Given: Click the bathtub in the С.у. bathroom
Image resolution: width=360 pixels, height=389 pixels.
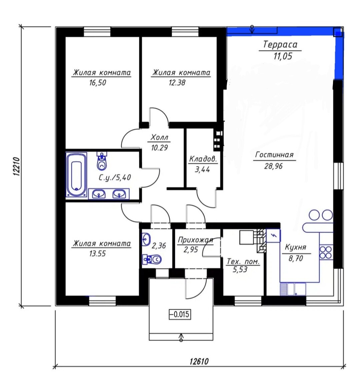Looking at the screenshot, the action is tap(76, 175).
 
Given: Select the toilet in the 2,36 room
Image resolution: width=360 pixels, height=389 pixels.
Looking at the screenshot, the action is tap(152, 260).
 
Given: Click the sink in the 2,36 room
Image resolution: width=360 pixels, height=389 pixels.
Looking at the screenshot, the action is tap(146, 239).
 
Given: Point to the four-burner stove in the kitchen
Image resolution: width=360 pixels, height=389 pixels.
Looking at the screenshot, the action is tap(326, 252).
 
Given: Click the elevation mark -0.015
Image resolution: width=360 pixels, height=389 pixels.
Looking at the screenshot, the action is tap(180, 314).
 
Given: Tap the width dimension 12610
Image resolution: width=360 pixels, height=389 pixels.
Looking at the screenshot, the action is tap(199, 361).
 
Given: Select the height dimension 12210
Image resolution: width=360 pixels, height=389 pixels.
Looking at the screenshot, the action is tap(16, 166).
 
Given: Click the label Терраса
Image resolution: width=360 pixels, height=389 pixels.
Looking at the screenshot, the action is tap(280, 44).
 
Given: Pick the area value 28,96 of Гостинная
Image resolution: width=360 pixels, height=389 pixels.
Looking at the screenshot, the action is tap(273, 166).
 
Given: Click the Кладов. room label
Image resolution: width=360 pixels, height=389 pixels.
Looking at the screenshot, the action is tap(203, 159).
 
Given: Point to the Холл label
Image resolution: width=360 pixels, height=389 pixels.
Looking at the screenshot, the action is tap(159, 137).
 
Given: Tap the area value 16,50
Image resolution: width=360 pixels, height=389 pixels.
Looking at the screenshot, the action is tap(98, 82).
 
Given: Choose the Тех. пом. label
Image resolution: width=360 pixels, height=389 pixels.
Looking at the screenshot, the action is tap(243, 262).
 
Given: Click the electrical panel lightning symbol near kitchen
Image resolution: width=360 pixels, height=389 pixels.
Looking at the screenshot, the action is tap(274, 236).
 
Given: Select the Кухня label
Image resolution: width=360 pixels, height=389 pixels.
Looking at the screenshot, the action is tap(296, 247).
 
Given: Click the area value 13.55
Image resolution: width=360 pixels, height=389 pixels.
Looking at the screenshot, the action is tap(97, 254).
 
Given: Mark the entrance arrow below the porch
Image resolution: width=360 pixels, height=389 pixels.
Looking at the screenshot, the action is tap(181, 337).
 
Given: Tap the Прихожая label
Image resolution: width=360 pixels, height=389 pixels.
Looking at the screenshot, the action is tap(196, 240).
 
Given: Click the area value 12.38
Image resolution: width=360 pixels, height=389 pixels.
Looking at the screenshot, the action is tap(177, 82).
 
